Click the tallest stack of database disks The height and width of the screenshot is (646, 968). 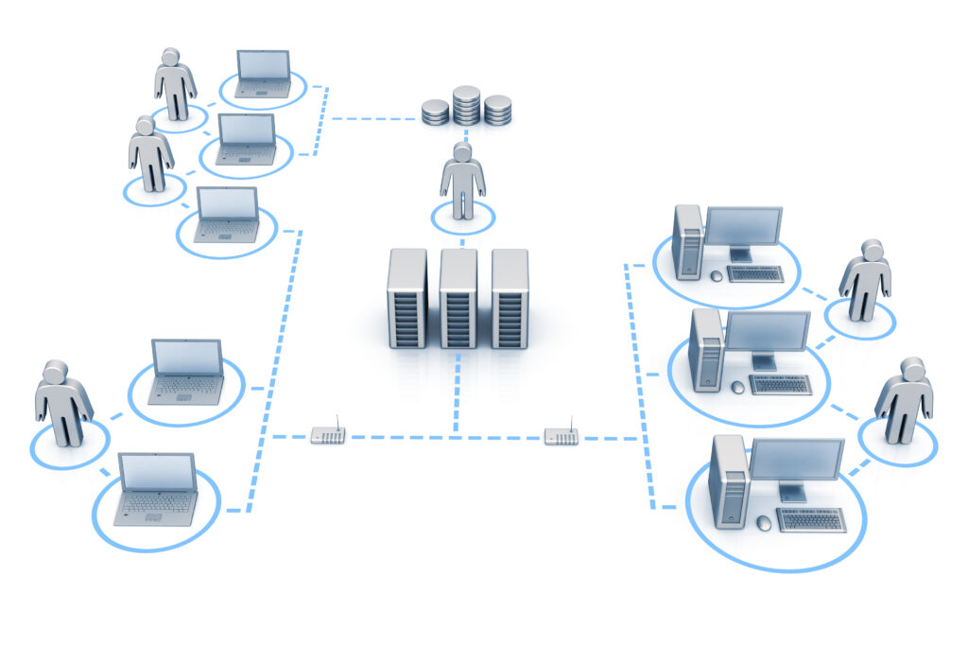click(466, 105)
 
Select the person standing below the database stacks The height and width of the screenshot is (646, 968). click(462, 181)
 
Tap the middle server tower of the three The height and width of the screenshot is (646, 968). click(458, 299)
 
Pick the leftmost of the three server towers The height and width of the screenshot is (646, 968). click(407, 299)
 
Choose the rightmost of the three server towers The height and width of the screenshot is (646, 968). click(510, 299)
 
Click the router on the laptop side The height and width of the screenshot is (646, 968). click(328, 435)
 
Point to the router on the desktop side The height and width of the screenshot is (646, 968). click(562, 436)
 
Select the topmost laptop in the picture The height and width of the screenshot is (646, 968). click(264, 73)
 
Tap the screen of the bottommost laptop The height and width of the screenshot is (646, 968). click(157, 474)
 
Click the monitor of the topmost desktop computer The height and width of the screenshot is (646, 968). click(743, 228)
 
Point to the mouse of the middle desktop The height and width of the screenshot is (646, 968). click(738, 387)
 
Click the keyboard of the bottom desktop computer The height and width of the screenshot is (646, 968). click(811, 519)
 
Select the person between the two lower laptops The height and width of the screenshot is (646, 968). click(63, 402)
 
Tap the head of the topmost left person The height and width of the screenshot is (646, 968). click(170, 59)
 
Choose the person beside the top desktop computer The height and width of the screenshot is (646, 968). click(865, 280)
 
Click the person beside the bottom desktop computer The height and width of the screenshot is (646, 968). click(903, 399)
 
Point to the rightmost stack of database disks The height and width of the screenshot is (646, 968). click(497, 110)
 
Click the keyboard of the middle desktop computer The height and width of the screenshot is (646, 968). click(781, 384)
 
